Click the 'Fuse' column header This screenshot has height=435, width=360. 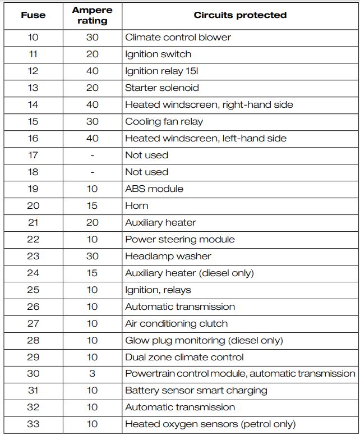tap(33, 15)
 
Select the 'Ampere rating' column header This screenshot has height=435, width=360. tap(92, 16)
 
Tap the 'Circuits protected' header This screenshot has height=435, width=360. tap(240, 15)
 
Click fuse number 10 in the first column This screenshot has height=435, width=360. tap(33, 38)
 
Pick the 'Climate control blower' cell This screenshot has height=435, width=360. tap(178, 38)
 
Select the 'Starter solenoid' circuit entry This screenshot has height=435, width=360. tap(161, 88)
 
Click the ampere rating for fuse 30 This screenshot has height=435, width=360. tap(92, 374)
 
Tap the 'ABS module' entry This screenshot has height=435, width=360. tap(154, 189)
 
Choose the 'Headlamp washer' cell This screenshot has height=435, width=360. tap(168, 257)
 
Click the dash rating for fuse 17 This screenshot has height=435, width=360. tap(92, 155)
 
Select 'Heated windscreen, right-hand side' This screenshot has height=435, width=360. tap(209, 105)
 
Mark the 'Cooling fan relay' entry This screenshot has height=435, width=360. tap(164, 122)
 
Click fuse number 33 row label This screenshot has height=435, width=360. tap(33, 424)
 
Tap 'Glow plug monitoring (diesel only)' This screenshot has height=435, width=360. tap(204, 341)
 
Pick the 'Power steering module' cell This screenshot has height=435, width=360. tap(179, 240)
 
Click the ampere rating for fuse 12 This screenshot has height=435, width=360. tap(92, 71)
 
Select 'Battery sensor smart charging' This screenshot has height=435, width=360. tap(196, 391)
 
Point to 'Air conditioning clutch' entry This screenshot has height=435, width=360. tap(176, 324)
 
